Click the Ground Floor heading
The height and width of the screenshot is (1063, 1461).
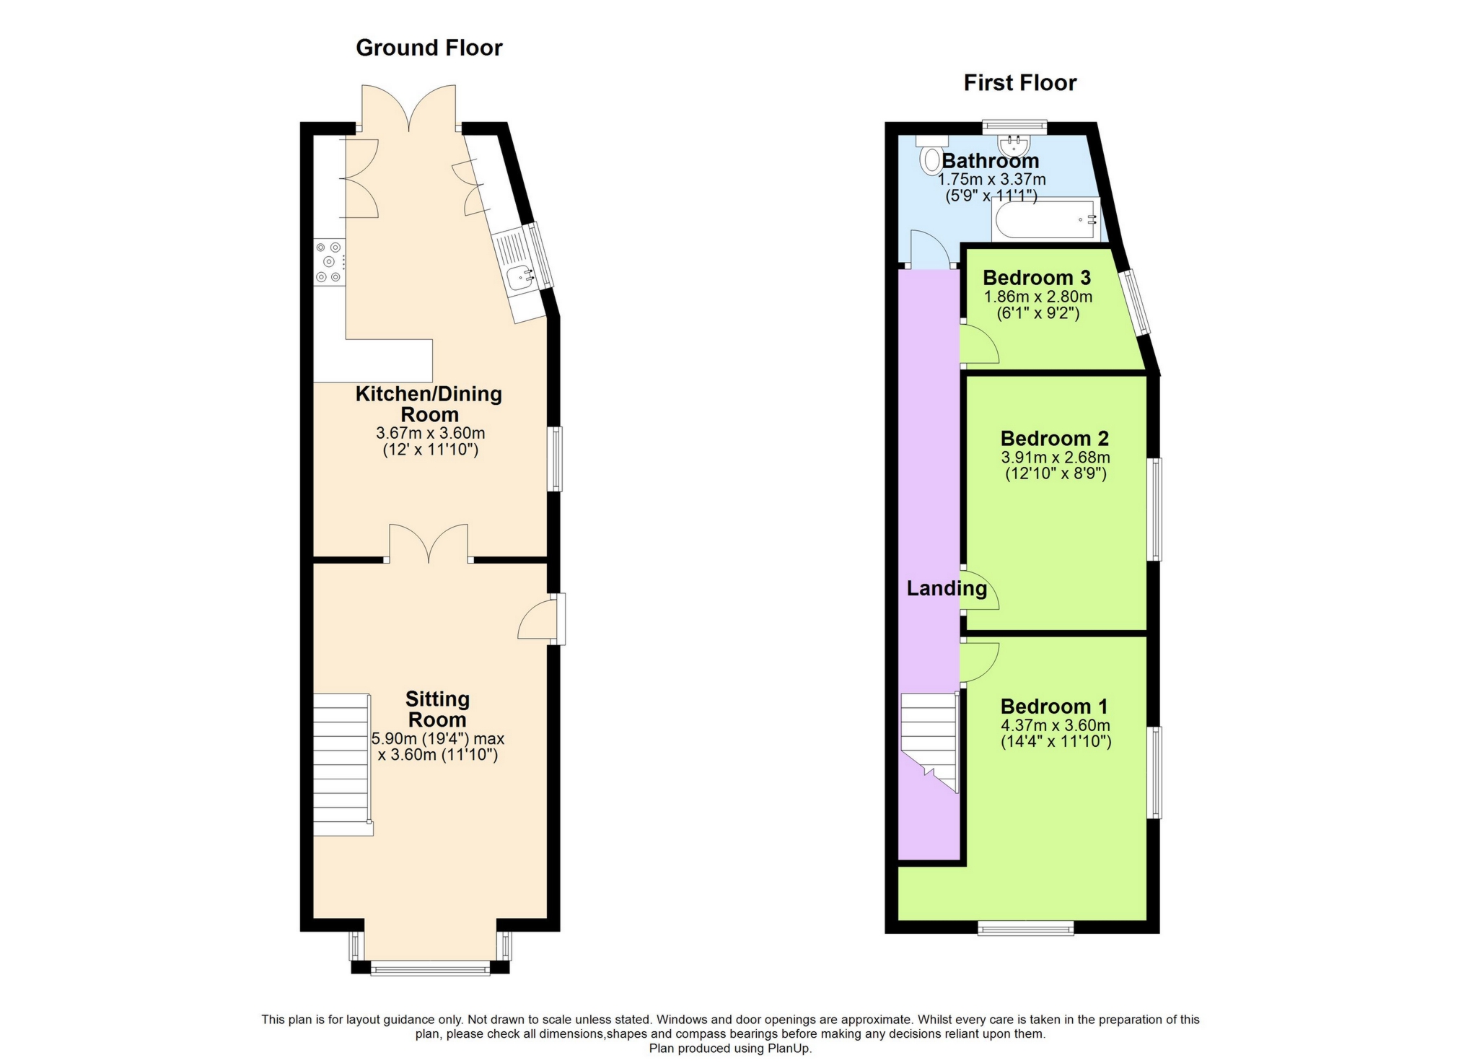pos(429,48)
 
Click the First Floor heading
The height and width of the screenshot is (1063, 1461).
pos(1019,83)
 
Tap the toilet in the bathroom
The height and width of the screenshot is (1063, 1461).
pos(931,158)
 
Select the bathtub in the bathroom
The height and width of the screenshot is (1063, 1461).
pos(1044,219)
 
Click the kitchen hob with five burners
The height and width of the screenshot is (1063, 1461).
pos(330,262)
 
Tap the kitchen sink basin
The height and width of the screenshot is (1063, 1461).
pos(519,278)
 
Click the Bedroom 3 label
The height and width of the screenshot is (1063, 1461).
pos(1036,278)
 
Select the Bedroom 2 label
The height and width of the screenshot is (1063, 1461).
pos(1054,439)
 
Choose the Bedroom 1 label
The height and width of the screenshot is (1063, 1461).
pos(1054,707)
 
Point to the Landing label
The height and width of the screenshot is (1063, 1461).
pos(947,589)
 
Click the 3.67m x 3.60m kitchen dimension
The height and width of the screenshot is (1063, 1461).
pos(430,434)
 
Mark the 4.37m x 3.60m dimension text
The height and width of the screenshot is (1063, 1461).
pos(1055,725)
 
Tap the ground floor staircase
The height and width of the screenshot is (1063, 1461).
pos(342,764)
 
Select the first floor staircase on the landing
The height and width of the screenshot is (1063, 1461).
pos(929,740)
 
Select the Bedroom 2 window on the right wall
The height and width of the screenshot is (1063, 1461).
pos(1155,509)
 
